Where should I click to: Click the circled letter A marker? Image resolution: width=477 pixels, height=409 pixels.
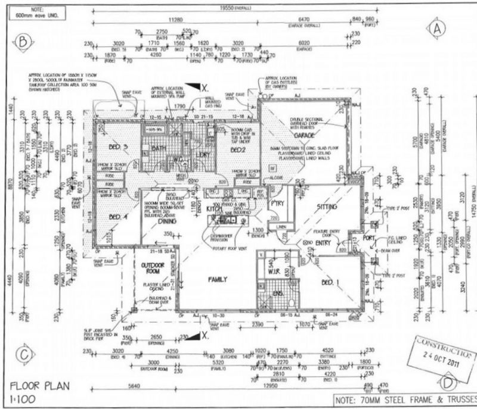click(438, 27)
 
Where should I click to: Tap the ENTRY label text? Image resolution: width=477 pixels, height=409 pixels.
click(324, 243)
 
